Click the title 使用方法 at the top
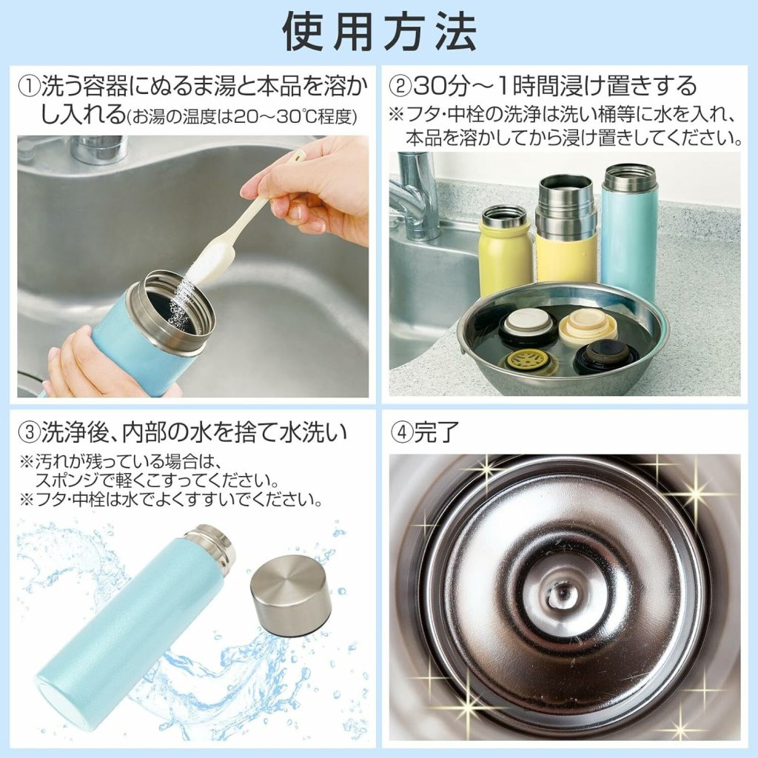tap(380, 31)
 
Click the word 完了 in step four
tap(435, 432)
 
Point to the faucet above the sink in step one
tap(97, 150)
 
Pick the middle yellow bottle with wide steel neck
tap(566, 229)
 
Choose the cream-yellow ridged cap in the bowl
tap(588, 323)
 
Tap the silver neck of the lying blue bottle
tap(209, 545)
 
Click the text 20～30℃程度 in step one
tap(298, 117)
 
